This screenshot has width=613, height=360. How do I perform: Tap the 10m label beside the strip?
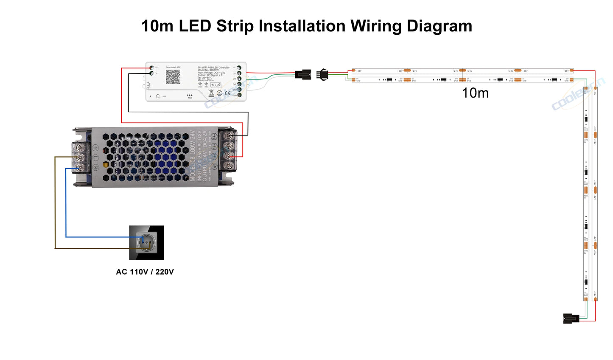(475, 93)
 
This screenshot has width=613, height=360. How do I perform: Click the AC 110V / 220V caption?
(145, 272)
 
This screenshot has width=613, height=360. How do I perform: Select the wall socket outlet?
(146, 243)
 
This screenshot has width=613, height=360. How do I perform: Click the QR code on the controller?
(173, 77)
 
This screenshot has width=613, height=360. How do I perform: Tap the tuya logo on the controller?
(216, 85)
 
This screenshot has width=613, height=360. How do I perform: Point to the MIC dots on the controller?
(190, 96)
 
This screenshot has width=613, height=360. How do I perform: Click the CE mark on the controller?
(228, 93)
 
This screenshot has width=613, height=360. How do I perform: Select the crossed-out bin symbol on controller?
(211, 92)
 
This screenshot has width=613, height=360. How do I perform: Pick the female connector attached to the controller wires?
(303, 75)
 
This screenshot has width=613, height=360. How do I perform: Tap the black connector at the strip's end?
(571, 318)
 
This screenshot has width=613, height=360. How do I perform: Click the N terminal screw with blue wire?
(79, 168)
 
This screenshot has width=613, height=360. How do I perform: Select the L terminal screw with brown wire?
(79, 158)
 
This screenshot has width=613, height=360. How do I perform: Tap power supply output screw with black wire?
(229, 136)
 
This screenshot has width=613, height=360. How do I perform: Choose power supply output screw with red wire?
(229, 156)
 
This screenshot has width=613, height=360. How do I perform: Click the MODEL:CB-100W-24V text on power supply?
(193, 156)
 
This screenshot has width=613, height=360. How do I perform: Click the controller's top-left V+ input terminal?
(151, 68)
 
